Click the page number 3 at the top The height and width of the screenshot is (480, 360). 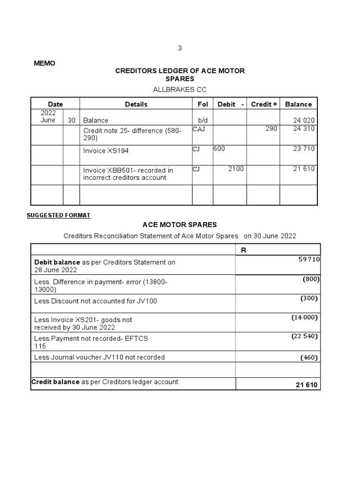tap(180, 48)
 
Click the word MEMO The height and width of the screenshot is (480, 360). tap(45, 63)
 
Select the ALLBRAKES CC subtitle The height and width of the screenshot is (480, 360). tap(180, 89)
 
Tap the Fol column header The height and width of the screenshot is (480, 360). tap(202, 104)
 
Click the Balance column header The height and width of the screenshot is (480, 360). tap(298, 104)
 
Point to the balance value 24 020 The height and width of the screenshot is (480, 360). tap(304, 120)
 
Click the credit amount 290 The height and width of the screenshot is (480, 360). tap(271, 128)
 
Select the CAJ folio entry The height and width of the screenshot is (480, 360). tap(199, 128)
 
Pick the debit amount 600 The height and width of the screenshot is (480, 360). tap(219, 149)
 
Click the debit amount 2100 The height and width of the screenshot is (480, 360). tap(236, 169)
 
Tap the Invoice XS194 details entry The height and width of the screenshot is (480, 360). tap(106, 151)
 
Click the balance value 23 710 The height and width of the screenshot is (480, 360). tap(304, 149)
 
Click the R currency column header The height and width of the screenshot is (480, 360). tap(243, 250)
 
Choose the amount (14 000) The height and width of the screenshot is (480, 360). tap(305, 317)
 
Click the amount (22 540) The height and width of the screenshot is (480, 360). tap(305, 336)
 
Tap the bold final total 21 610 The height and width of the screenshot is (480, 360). tap(307, 385)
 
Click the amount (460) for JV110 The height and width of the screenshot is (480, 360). tap(309, 358)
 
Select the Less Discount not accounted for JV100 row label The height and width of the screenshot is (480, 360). tap(96, 301)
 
